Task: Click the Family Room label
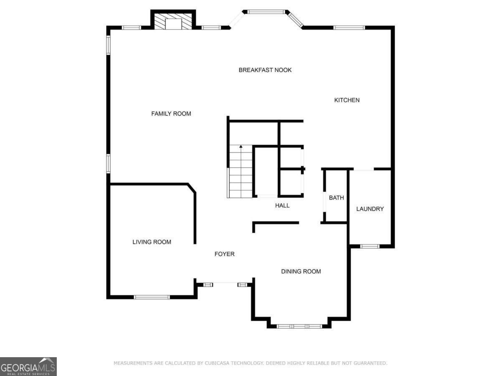pyautogui.click(x=171, y=114)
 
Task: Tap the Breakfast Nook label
pyautogui.click(x=265, y=70)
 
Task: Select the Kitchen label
pyautogui.click(x=347, y=100)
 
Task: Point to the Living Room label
pyautogui.click(x=152, y=242)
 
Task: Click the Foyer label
pyautogui.click(x=224, y=254)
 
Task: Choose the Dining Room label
pyautogui.click(x=301, y=271)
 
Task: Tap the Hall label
pyautogui.click(x=282, y=206)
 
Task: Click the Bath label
pyautogui.click(x=337, y=198)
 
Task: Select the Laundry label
pyautogui.click(x=370, y=209)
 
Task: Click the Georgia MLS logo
pyautogui.click(x=28, y=367)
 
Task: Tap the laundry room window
pyautogui.click(x=370, y=246)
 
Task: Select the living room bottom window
pyautogui.click(x=152, y=297)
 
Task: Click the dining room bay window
pyautogui.click(x=299, y=326)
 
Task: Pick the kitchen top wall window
pyautogui.click(x=349, y=28)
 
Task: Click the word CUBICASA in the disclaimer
pyautogui.click(x=217, y=363)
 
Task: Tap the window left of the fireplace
pyautogui.click(x=131, y=28)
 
